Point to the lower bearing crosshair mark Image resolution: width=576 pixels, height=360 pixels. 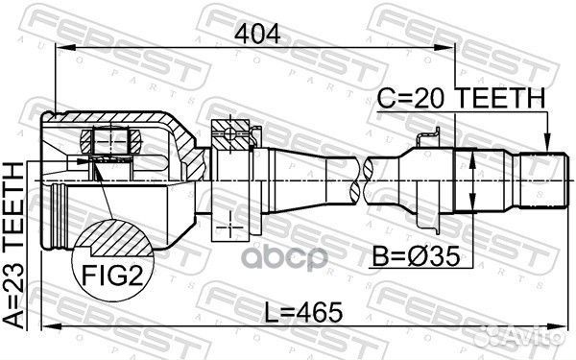(x=231, y=227)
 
